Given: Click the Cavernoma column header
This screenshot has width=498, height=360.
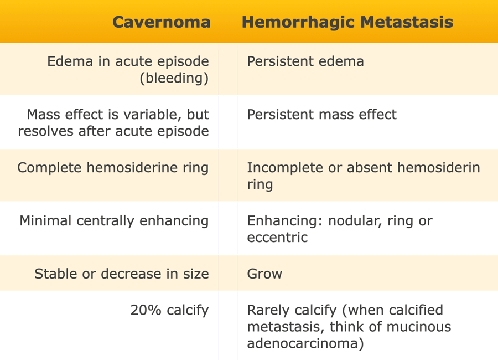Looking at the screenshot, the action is click(162, 22).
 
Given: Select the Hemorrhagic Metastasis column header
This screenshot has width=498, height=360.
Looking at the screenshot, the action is click(347, 23).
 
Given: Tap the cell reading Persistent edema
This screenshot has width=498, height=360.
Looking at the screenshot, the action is click(305, 61).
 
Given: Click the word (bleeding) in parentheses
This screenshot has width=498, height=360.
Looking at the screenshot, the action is click(174, 78).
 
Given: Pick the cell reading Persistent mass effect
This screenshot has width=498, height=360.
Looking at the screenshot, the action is click(321, 115).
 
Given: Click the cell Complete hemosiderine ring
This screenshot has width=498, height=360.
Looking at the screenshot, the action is click(113, 168).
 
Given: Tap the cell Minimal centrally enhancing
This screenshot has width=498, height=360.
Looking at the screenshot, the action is click(114, 221).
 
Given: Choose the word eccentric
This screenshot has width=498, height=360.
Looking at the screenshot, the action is click(277, 238).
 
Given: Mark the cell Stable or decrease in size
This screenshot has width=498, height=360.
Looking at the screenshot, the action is click(122, 274).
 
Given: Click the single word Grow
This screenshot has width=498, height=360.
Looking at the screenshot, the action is click(264, 274).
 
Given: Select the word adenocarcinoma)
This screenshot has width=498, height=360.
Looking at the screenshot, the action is click(305, 344).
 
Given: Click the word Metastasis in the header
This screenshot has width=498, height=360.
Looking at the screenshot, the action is click(407, 23).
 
